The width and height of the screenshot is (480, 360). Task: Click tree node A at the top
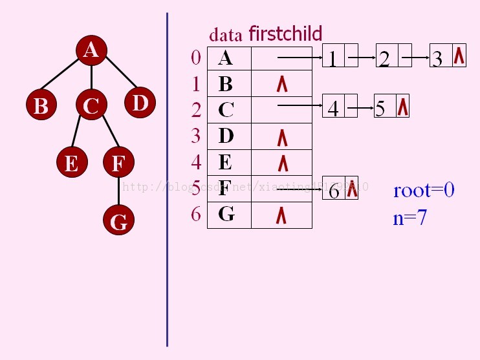pos(91,50)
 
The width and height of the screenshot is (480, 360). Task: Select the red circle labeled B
pos(41,105)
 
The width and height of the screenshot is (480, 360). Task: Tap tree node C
pos(91,105)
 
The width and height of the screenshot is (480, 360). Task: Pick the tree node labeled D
pos(140,103)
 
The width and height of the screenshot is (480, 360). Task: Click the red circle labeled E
pos(71,163)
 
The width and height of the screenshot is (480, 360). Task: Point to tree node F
pos(118,163)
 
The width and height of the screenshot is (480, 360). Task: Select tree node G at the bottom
pos(118,222)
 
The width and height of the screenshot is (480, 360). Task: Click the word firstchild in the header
pos(285,34)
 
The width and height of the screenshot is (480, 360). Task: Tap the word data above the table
pos(226,36)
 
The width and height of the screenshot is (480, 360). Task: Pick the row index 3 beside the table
pos(195,136)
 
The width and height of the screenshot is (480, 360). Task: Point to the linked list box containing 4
pos(333,108)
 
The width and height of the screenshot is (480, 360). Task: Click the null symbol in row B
pos(281,85)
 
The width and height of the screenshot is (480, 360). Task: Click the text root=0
pos(424,190)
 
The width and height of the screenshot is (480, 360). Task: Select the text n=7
pos(409,218)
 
